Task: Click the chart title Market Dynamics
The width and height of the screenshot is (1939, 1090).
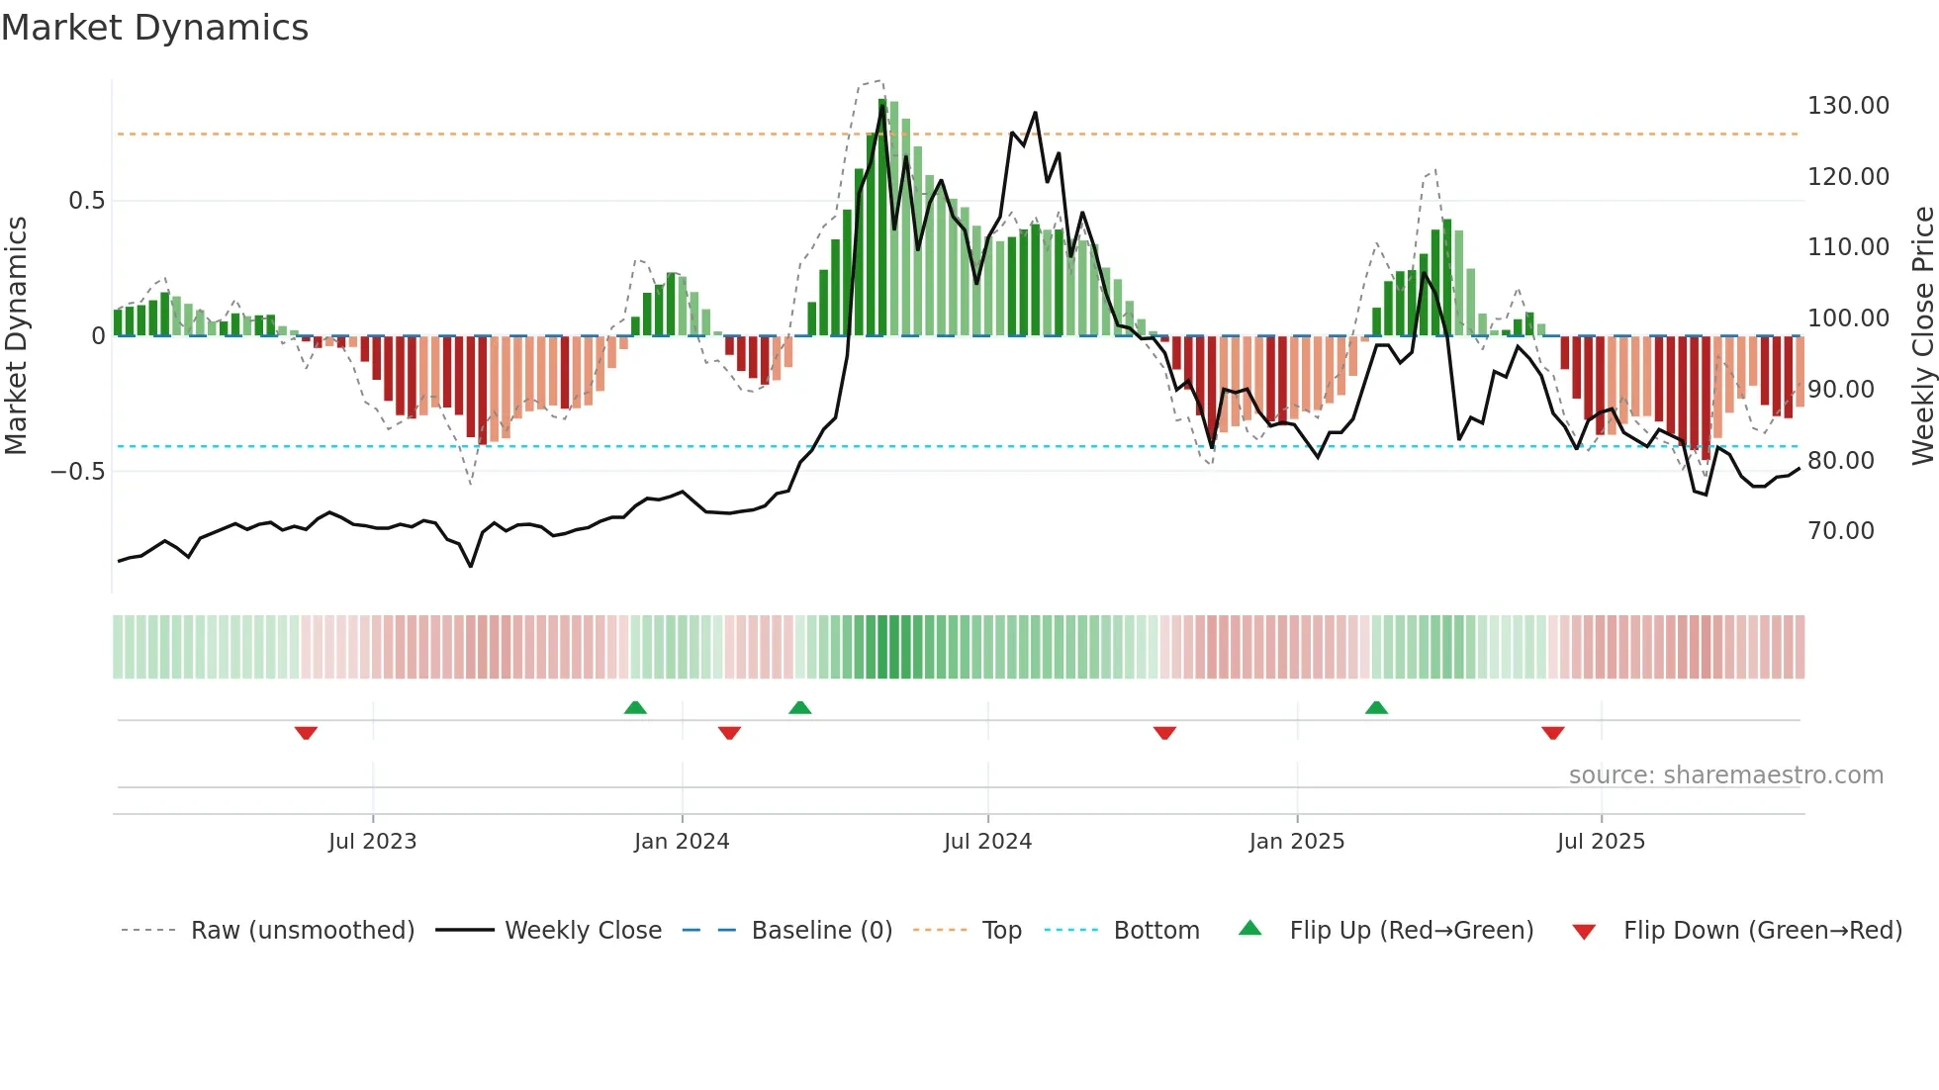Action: [x=155, y=28]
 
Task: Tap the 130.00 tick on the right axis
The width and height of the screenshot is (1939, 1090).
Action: [x=1847, y=106]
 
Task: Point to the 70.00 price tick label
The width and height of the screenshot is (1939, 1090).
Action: [x=1840, y=531]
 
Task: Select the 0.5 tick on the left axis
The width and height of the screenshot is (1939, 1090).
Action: [x=86, y=201]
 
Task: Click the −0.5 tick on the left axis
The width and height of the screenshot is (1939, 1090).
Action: [x=78, y=472]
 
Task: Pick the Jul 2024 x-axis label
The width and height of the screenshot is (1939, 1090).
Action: [x=986, y=842]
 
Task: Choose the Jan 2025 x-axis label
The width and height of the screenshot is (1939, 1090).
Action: [x=1296, y=842]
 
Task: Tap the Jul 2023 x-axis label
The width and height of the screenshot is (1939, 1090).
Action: [x=372, y=842]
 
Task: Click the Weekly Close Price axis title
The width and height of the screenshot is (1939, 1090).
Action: [x=1922, y=335]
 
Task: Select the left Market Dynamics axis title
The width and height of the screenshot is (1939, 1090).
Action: [x=16, y=335]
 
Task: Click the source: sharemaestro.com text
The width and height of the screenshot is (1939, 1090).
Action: [x=1725, y=775]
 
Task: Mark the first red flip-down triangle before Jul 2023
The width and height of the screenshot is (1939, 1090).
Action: [x=306, y=733]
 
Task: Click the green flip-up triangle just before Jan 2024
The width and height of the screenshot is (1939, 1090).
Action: [x=635, y=707]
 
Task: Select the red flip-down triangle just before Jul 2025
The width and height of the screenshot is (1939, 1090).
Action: [x=1552, y=733]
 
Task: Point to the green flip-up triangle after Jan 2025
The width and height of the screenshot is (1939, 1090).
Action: [x=1376, y=707]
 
